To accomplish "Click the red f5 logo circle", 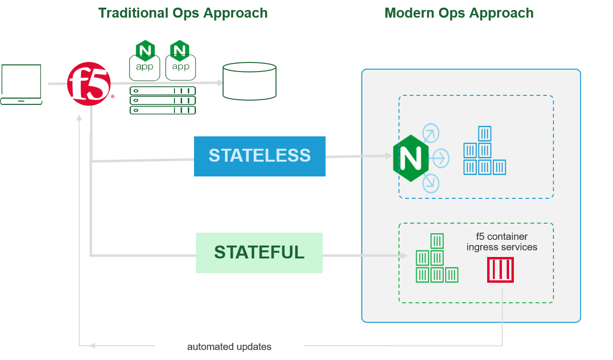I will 89,84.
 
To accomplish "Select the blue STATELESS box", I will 260,156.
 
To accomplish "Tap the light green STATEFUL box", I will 259,253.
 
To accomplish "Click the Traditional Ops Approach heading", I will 183,13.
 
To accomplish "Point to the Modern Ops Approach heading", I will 459,13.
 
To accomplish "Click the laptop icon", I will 21,84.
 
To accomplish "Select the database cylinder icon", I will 249,82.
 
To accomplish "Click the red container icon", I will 501,270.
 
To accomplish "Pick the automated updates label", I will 229,347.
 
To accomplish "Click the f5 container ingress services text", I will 502,242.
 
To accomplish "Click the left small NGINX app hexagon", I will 145,50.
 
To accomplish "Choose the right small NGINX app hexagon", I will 180,50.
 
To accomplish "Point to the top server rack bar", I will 163,91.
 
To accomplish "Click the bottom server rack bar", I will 163,110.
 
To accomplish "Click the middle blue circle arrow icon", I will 439,157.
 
